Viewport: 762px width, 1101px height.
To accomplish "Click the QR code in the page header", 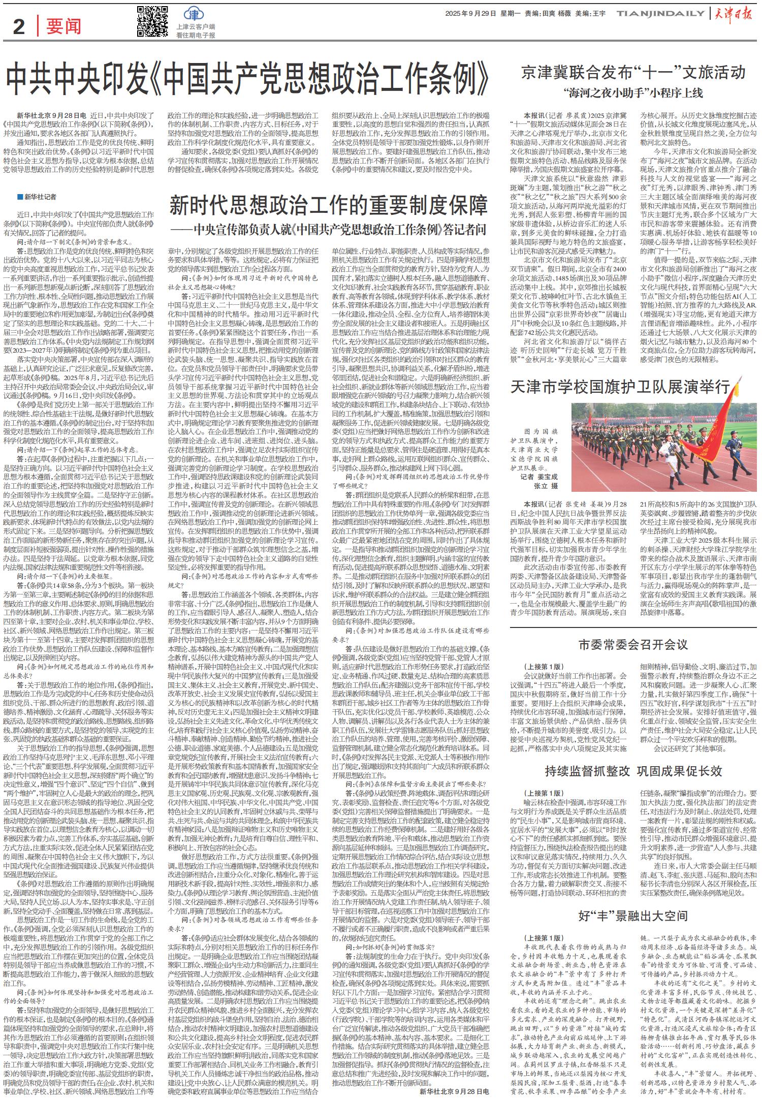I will (152, 21).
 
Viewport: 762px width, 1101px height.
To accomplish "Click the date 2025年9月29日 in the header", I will (470, 13).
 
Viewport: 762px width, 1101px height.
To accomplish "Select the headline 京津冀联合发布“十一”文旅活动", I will (633, 72).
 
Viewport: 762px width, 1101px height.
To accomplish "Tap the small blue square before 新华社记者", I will (19, 197).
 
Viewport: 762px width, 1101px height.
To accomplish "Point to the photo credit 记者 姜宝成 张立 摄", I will (539, 481).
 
